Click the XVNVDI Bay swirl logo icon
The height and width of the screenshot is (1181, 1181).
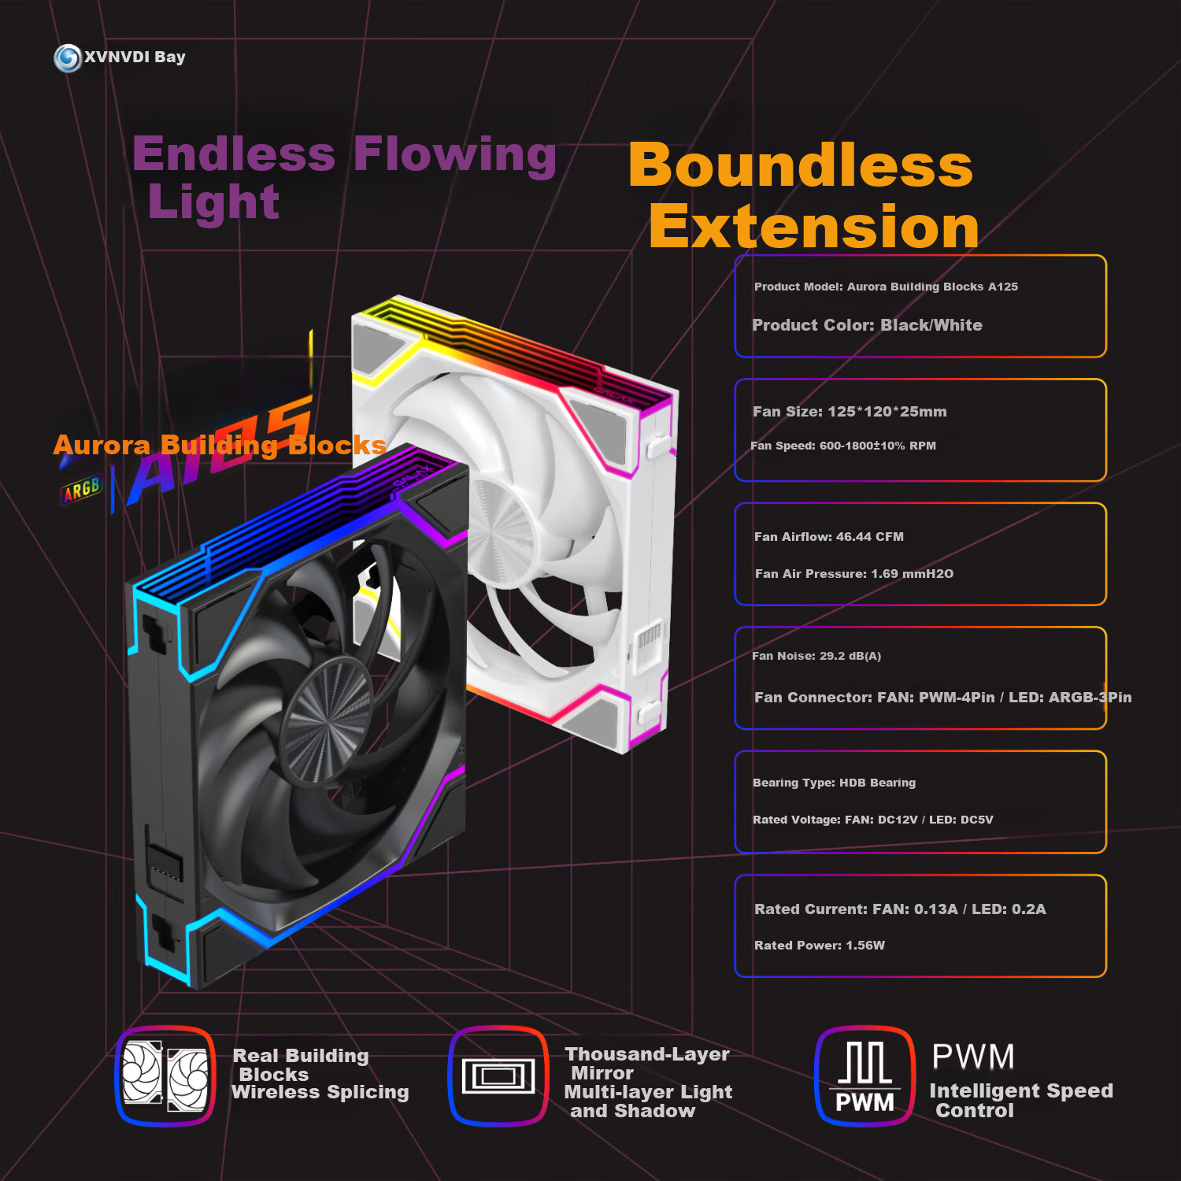tap(68, 57)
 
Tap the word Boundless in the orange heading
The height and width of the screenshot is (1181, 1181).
tap(801, 165)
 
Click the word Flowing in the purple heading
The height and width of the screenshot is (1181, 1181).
tap(455, 154)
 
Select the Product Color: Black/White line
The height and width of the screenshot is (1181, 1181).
tap(867, 325)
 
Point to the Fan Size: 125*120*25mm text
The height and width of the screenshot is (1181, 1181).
tap(850, 412)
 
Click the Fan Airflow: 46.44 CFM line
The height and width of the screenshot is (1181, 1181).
tap(829, 537)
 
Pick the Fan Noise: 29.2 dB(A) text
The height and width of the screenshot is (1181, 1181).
tap(816, 656)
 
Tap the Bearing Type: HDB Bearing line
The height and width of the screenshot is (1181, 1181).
tap(834, 783)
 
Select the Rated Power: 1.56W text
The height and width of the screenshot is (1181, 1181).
tap(820, 945)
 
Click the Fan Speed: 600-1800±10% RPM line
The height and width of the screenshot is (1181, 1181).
tap(843, 446)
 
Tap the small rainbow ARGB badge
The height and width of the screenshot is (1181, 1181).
tap(82, 490)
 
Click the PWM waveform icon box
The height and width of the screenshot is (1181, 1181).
tap(864, 1075)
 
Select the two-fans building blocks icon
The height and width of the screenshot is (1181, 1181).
tap(165, 1075)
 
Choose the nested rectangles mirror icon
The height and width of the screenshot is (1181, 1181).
tap(498, 1075)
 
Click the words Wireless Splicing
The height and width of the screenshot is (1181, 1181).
tap(320, 1092)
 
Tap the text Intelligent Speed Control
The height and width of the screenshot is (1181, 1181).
tap(1021, 1101)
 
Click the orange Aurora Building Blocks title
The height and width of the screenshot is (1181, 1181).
tap(220, 446)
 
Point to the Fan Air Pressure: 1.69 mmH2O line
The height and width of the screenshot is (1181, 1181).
tap(854, 574)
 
